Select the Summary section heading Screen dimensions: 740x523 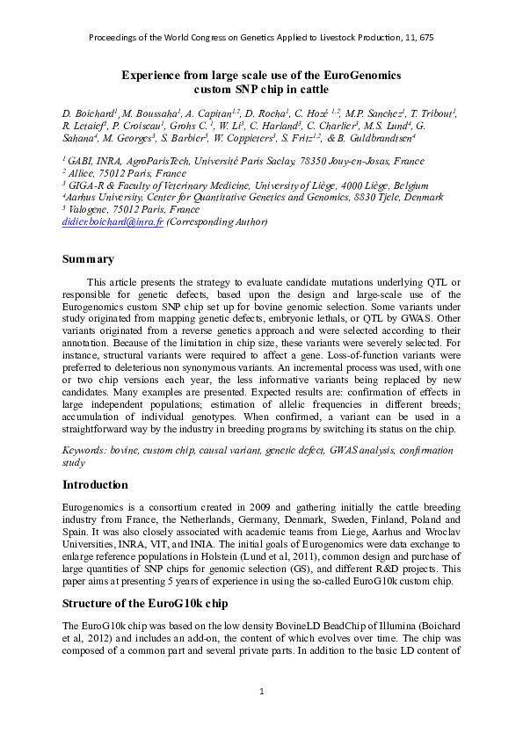pyautogui.click(x=88, y=259)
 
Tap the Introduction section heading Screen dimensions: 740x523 pyautogui.click(x=95, y=484)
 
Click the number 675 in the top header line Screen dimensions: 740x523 pyautogui.click(x=424, y=38)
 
